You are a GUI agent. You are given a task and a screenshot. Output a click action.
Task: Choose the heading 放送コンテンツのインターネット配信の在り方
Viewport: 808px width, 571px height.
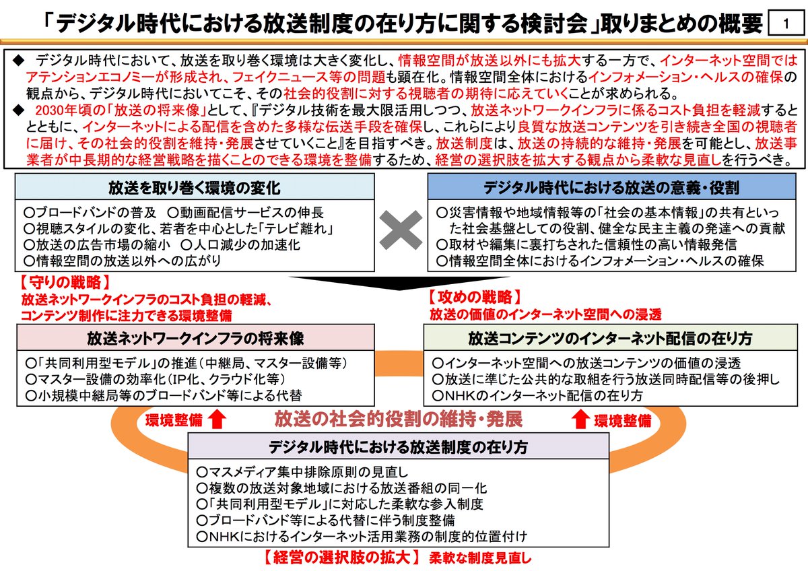click(x=610, y=337)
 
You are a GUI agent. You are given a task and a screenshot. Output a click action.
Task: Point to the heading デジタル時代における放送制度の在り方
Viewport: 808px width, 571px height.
click(x=398, y=446)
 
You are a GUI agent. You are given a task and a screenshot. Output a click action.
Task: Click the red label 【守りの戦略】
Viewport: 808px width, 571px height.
click(x=65, y=281)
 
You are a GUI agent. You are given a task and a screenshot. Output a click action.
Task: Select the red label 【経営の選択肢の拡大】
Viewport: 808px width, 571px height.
click(x=341, y=558)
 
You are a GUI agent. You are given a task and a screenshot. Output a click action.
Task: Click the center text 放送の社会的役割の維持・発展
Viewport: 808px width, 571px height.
click(x=398, y=419)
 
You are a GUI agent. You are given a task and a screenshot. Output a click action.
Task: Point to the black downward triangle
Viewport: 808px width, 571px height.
click(x=401, y=283)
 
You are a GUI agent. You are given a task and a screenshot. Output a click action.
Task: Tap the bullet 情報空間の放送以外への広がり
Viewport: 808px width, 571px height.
click(x=121, y=260)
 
